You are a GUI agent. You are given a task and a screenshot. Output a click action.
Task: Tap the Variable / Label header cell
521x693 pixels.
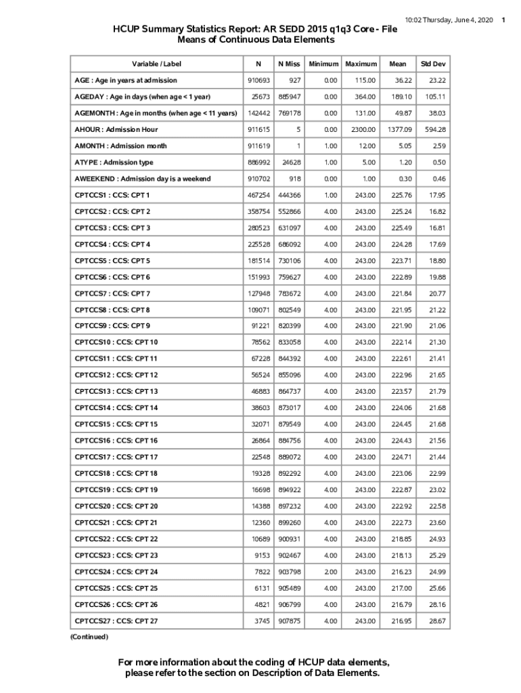[156, 64]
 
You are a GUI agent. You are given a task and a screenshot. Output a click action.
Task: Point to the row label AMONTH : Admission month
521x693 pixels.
[120, 146]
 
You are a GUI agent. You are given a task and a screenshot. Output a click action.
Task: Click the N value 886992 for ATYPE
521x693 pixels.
[259, 162]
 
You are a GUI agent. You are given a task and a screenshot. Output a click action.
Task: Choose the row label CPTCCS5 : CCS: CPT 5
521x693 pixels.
[112, 261]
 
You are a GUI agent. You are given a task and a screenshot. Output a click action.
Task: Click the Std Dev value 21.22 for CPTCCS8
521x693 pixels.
[436, 310]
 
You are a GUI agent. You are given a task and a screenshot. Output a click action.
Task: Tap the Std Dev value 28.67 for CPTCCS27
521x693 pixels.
[436, 621]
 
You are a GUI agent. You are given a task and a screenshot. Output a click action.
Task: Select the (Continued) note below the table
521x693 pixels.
[89, 637]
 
